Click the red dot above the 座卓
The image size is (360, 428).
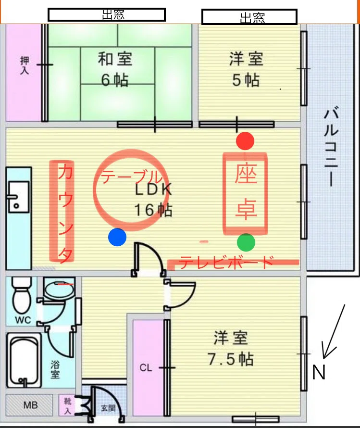pyautogui.click(x=245, y=141)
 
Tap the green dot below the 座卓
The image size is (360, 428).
pyautogui.click(x=246, y=242)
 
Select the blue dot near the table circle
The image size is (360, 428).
pyautogui.click(x=117, y=237)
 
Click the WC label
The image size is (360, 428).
pyautogui.click(x=23, y=320)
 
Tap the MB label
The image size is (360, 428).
pyautogui.click(x=30, y=405)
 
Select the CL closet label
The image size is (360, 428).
pyautogui.click(x=146, y=368)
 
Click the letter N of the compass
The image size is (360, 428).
pyautogui.click(x=319, y=372)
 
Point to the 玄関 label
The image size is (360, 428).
pyautogui.click(x=108, y=408)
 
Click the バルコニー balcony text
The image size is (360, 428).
pyautogui.click(x=332, y=148)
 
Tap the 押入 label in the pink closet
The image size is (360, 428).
pyautogui.click(x=25, y=65)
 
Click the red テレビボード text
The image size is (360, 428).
pyautogui.click(x=226, y=262)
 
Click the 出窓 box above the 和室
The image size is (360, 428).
pyautogui.click(x=107, y=15)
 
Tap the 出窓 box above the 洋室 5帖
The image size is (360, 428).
pyautogui.click(x=249, y=17)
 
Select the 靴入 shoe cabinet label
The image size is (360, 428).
pyautogui.click(x=67, y=406)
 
